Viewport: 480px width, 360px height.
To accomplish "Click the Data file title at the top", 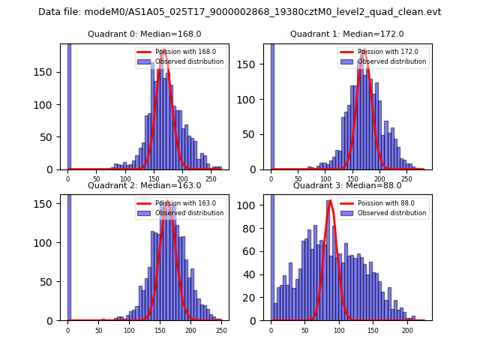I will click(x=240, y=12).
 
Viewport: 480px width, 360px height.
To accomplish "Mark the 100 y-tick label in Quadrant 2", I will click(x=50, y=242).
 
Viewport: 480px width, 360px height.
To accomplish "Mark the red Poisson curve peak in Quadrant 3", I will click(x=330, y=200).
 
